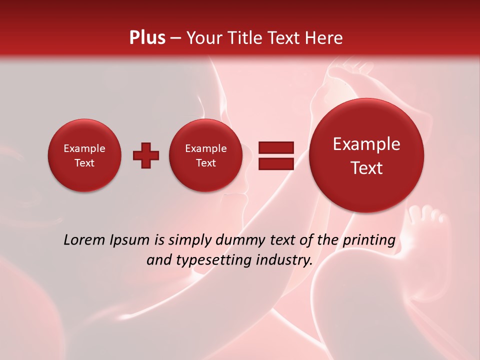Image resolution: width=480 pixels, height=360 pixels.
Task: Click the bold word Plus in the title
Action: click(x=147, y=38)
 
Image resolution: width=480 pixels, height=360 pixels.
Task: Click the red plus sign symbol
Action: click(x=146, y=155)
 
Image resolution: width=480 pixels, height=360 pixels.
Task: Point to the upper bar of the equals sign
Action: click(x=275, y=147)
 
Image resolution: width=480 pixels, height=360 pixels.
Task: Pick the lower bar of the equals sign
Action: click(x=275, y=163)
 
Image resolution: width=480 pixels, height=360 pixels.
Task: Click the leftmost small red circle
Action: click(x=84, y=155)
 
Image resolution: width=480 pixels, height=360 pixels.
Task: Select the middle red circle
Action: click(x=206, y=155)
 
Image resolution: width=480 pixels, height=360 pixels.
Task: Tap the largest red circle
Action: click(x=366, y=155)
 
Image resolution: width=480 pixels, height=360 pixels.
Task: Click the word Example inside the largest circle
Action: click(x=366, y=144)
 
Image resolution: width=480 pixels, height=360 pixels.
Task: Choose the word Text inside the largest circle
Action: click(x=366, y=168)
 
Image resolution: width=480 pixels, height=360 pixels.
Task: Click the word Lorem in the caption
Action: click(x=84, y=240)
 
